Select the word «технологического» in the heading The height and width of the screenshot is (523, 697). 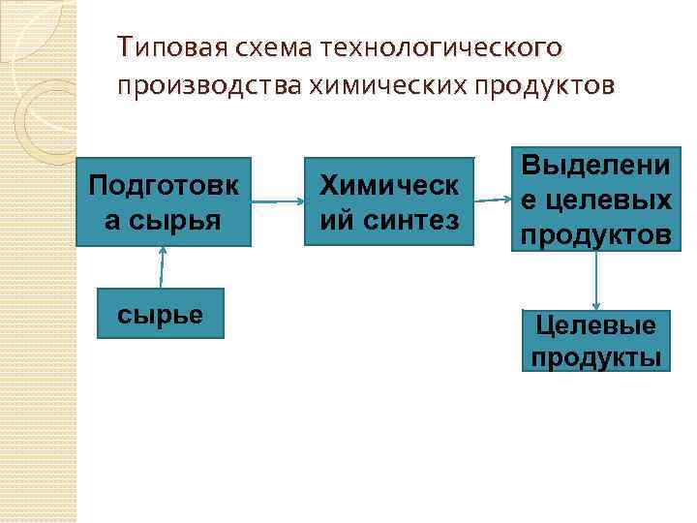[446, 46]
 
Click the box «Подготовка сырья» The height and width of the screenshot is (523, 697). [163, 201]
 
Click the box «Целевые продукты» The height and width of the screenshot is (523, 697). [595, 341]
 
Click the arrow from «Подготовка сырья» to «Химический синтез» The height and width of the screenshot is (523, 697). [279, 201]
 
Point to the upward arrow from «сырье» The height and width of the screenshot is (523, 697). [163, 267]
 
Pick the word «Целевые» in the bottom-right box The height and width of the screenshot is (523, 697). [595, 326]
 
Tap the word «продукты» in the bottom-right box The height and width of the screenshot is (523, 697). [595, 356]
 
